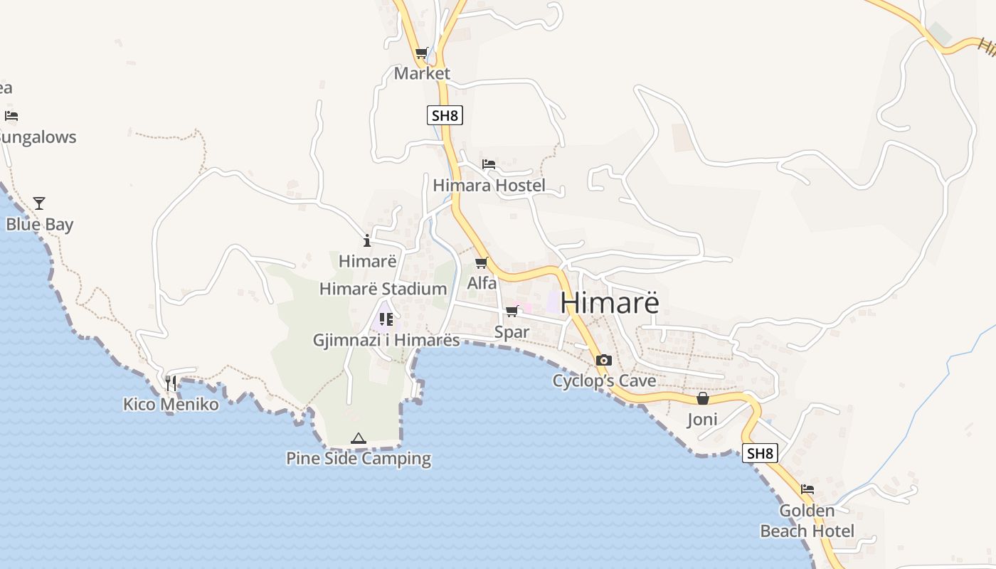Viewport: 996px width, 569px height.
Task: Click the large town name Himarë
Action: pyautogui.click(x=610, y=302)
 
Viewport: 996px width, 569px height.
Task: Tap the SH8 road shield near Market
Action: pyautogui.click(x=445, y=115)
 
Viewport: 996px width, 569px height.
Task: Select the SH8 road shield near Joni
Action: pyautogui.click(x=760, y=453)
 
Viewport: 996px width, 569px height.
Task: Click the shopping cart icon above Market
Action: pyautogui.click(x=422, y=53)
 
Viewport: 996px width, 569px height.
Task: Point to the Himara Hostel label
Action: pyautogui.click(x=489, y=186)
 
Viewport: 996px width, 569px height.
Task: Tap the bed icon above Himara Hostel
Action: pyautogui.click(x=489, y=164)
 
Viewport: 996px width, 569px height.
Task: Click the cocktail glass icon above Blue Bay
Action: pyautogui.click(x=39, y=203)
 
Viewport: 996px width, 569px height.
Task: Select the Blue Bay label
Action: pyautogui.click(x=40, y=225)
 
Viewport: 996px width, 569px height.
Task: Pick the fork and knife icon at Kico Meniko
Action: pyautogui.click(x=171, y=383)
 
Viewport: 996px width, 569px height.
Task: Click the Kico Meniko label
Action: pyautogui.click(x=171, y=404)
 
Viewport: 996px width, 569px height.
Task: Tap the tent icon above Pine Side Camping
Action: pyautogui.click(x=359, y=438)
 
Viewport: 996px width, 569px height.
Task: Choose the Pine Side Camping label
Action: pyautogui.click(x=359, y=459)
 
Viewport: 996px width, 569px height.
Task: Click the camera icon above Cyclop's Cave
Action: pyautogui.click(x=604, y=361)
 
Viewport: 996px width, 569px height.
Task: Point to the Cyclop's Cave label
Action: pyautogui.click(x=604, y=381)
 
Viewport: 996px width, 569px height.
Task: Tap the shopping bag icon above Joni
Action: pyautogui.click(x=703, y=398)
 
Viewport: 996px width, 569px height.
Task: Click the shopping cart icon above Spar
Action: pyautogui.click(x=512, y=312)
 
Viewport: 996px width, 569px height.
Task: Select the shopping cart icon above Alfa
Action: pyautogui.click(x=482, y=262)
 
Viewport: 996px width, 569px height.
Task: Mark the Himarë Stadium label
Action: pyautogui.click(x=383, y=289)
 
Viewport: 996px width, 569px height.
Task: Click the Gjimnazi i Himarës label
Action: pyautogui.click(x=386, y=340)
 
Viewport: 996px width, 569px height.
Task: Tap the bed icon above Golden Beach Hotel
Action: pyautogui.click(x=807, y=489)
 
